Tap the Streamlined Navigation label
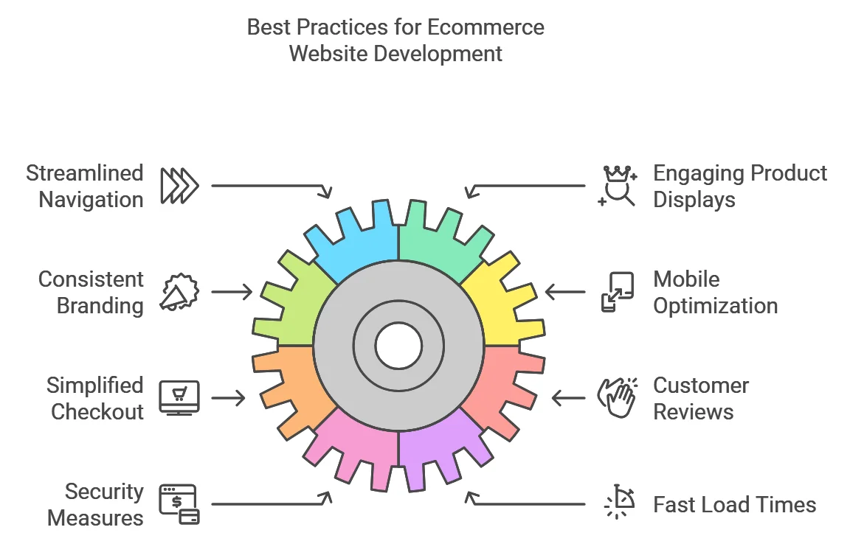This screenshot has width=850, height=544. click(x=85, y=186)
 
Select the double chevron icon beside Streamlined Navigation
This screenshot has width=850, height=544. click(x=179, y=186)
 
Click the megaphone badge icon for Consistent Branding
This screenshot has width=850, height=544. click(x=179, y=292)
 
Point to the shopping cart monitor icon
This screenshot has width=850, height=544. click(x=179, y=398)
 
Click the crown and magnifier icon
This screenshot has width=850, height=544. click(x=618, y=186)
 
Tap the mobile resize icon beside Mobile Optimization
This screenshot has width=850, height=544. click(x=618, y=292)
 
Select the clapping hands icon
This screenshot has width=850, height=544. click(x=618, y=398)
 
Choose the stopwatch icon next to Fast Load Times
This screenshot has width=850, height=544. click(x=620, y=502)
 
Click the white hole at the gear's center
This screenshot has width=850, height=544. click(x=398, y=346)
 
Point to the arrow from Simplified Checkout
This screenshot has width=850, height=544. click(x=228, y=398)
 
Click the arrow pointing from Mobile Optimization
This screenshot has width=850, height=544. click(x=565, y=292)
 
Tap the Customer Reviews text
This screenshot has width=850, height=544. click(x=701, y=398)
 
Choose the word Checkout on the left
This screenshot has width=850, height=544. click(x=97, y=412)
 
